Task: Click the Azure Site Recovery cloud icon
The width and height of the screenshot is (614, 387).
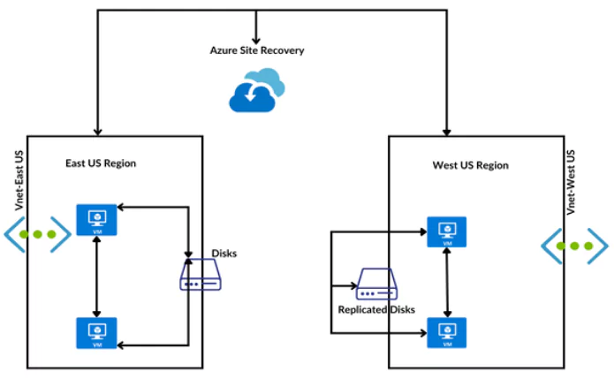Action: [256, 92]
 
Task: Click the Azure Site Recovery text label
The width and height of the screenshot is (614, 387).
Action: [257, 50]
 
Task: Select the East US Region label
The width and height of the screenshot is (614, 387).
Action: [101, 163]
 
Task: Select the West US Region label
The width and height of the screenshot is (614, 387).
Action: [470, 165]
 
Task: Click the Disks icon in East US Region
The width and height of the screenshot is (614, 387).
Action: [202, 277]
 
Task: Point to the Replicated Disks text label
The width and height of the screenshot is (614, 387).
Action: [376, 310]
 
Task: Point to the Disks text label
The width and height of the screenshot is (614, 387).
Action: [224, 254]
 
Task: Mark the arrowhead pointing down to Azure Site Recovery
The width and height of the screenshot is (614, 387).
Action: [256, 39]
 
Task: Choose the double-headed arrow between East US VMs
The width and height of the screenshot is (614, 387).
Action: [95, 276]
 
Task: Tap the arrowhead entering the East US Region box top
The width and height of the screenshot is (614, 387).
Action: [96, 130]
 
